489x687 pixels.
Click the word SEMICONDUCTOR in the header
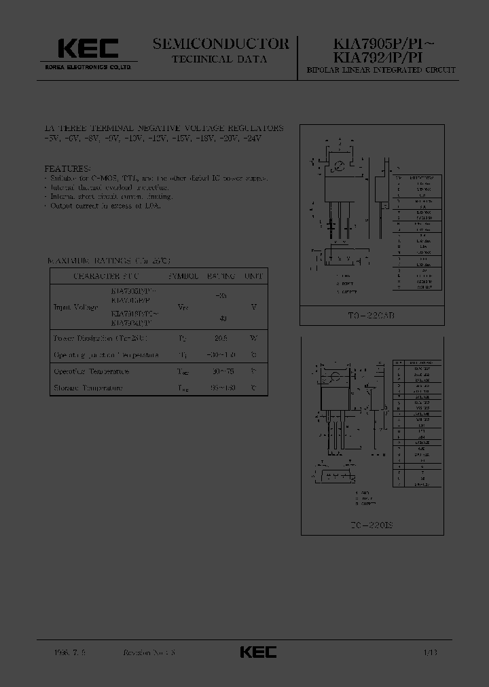(x=221, y=44)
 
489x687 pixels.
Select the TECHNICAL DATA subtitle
(x=221, y=59)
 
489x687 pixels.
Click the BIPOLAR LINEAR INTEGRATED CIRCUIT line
(x=381, y=71)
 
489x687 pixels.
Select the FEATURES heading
(x=67, y=168)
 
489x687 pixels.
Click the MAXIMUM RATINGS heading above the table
(x=109, y=261)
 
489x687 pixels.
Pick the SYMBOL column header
(x=183, y=277)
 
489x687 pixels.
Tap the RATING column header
(x=221, y=277)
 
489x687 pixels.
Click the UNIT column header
(x=254, y=277)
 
